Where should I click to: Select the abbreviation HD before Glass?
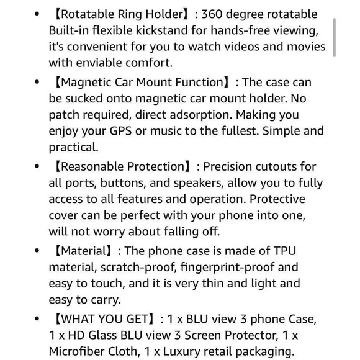pos(69,335)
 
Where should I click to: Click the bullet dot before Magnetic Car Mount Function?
pos(37,83)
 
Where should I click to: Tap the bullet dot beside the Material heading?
pos(37,251)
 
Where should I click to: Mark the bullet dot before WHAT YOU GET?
pos(37,319)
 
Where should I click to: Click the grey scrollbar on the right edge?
pos(335,37)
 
